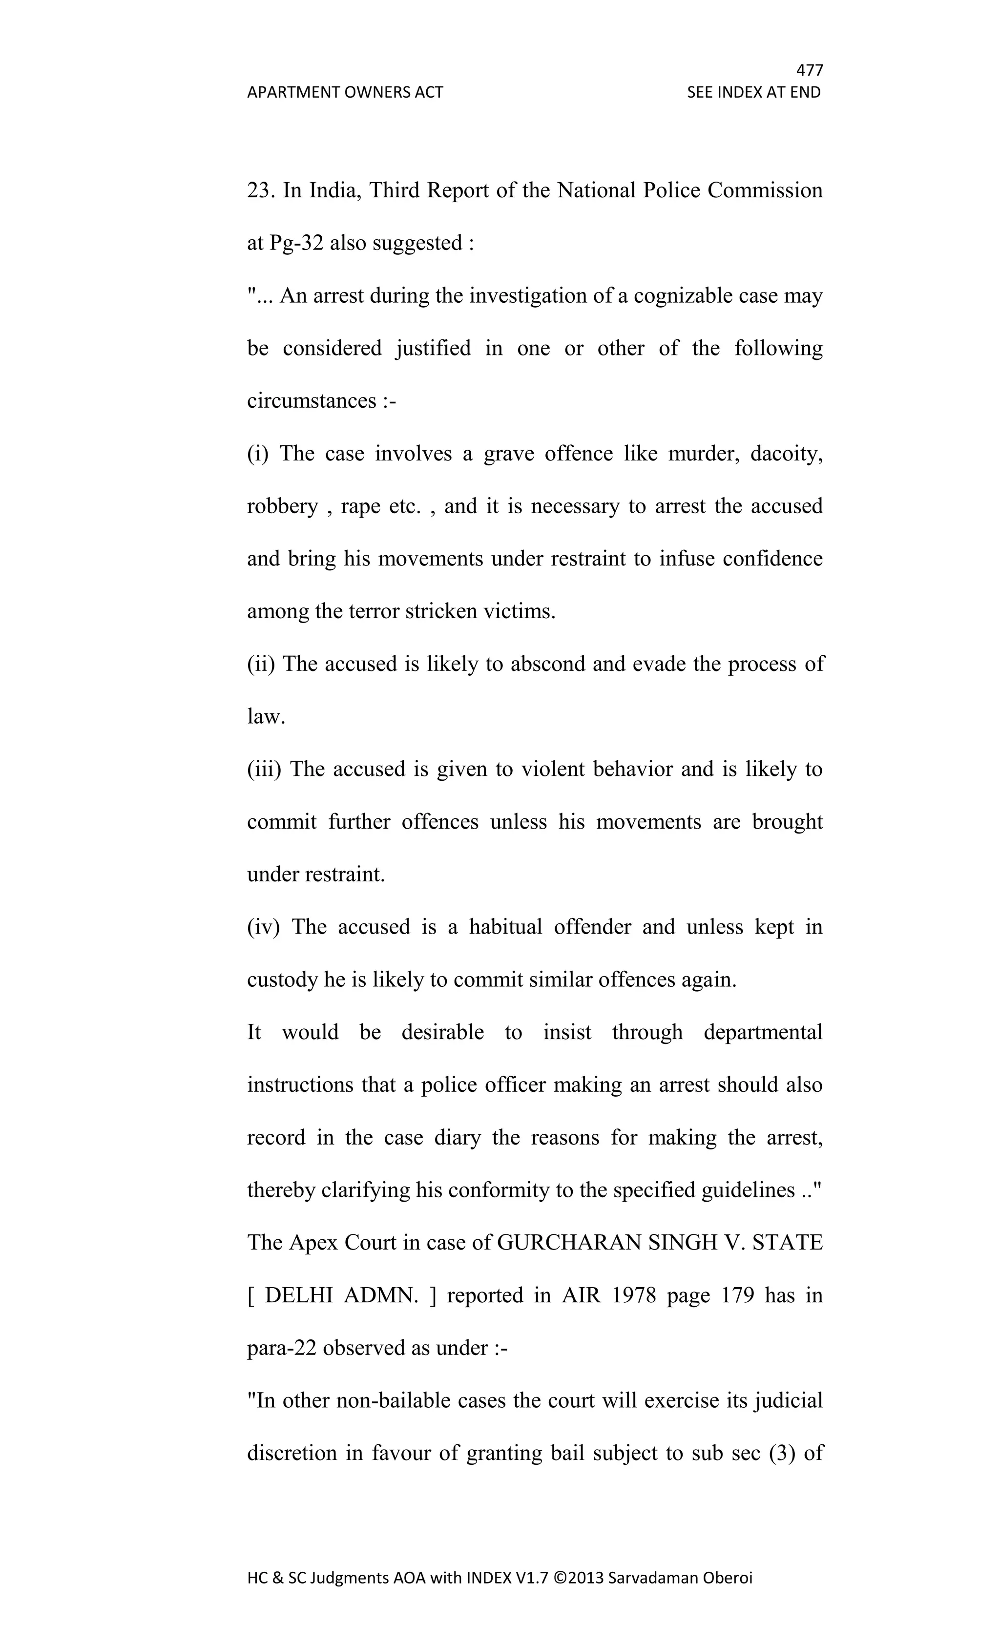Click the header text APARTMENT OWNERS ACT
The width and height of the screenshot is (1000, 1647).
[x=345, y=92]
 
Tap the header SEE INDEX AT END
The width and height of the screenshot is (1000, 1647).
[x=753, y=92]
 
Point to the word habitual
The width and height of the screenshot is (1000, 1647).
[x=505, y=927]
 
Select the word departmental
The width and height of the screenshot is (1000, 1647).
[x=763, y=1032]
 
